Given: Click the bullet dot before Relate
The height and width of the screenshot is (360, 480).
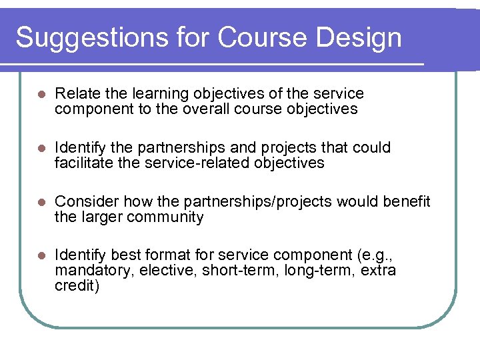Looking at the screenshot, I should (x=40, y=94).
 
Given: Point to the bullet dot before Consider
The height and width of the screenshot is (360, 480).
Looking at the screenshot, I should (x=40, y=202).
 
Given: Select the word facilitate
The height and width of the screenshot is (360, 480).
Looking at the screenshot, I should (x=83, y=163).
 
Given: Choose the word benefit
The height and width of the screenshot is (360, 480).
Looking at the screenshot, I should (x=407, y=201).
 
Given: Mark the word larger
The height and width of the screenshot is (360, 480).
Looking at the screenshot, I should (x=100, y=217).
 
